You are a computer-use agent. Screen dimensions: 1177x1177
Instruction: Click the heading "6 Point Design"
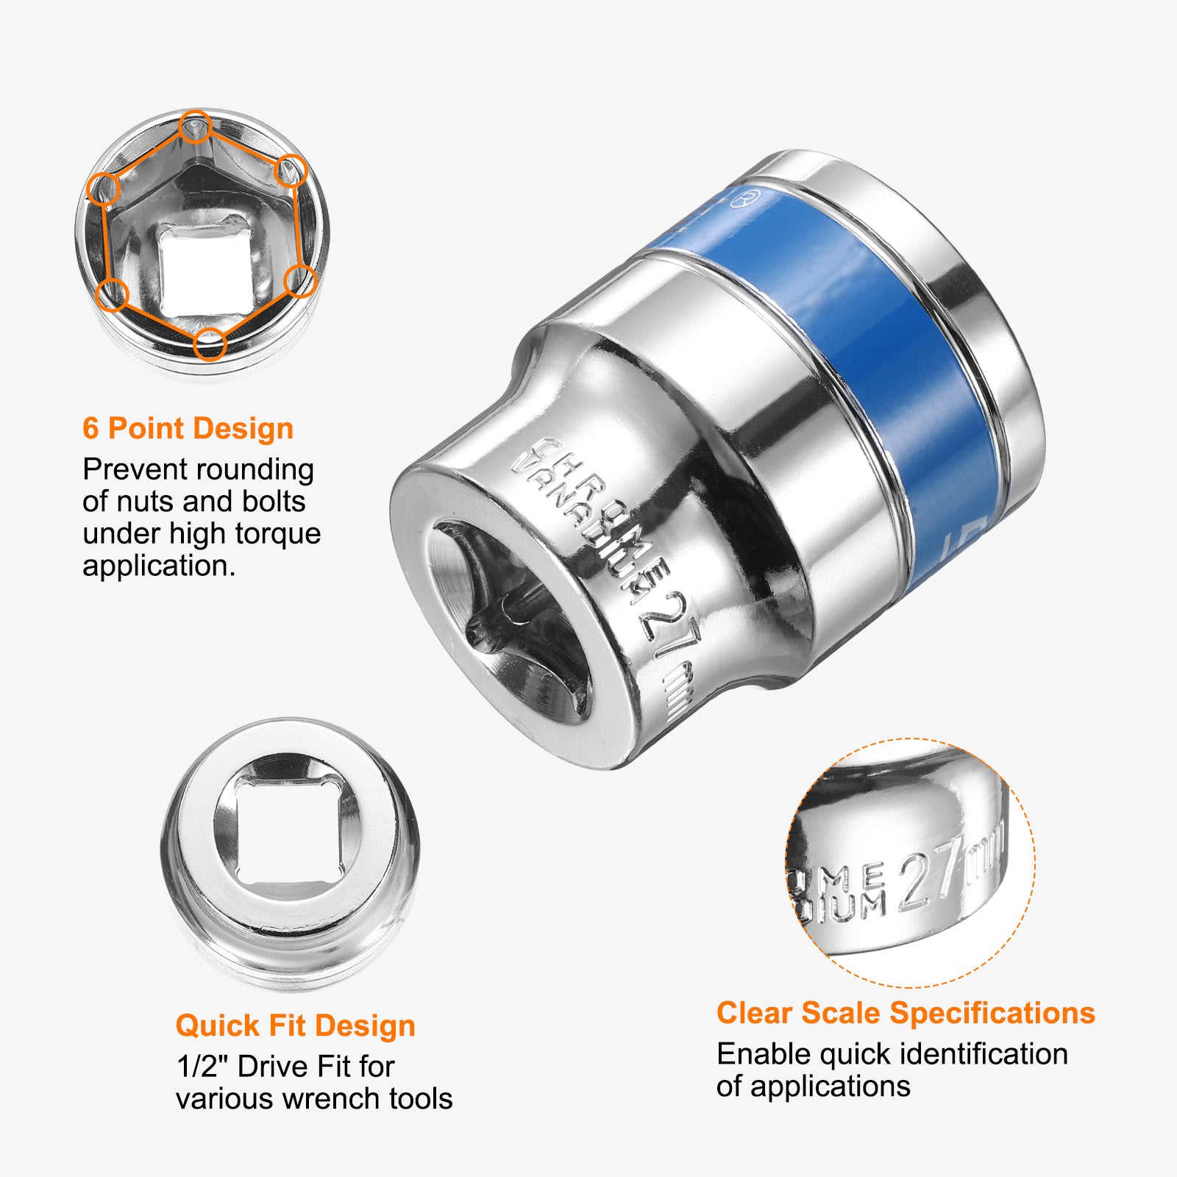click(188, 428)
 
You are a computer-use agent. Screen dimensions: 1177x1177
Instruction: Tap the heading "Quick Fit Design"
click(295, 1025)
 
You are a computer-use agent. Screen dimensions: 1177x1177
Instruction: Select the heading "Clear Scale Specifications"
click(906, 1013)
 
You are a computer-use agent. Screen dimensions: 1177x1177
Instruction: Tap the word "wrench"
click(332, 1099)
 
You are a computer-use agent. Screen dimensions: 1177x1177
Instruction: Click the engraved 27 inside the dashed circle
click(931, 875)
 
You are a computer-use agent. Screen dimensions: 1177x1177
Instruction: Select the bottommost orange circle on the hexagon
click(210, 344)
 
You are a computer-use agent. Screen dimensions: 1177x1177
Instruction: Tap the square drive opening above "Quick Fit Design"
click(289, 832)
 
